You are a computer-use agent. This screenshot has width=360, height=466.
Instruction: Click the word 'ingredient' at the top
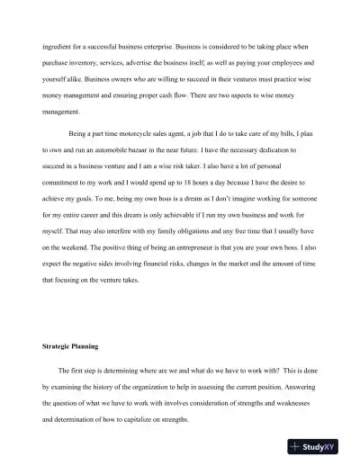[x=57, y=46]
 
